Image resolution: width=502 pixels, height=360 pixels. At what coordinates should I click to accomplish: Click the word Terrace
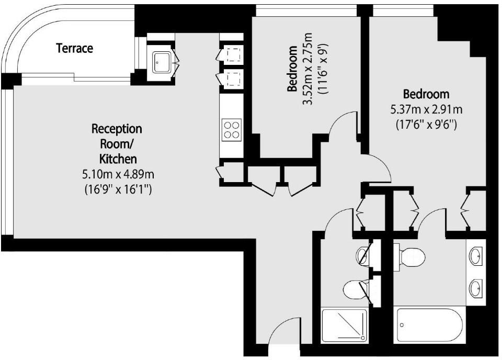[75, 49]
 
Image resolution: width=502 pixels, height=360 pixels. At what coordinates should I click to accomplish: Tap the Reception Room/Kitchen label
[117, 143]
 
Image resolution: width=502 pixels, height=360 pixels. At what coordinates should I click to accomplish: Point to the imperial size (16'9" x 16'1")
[118, 189]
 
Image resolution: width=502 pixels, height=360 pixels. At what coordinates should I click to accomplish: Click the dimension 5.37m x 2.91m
[426, 110]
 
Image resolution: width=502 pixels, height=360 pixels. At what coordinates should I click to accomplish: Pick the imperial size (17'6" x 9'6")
[426, 125]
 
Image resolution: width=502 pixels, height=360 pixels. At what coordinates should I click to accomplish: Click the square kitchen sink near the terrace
[161, 63]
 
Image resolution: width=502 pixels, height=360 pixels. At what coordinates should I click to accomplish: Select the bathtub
[429, 325]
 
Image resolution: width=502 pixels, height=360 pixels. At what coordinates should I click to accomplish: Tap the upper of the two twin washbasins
[476, 256]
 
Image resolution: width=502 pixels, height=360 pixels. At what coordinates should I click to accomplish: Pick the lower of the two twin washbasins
[476, 287]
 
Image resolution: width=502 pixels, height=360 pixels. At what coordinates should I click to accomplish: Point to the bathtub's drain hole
[402, 325]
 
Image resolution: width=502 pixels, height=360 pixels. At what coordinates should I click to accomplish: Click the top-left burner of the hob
[227, 125]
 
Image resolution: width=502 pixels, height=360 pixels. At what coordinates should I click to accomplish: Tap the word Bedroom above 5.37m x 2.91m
[426, 94]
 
